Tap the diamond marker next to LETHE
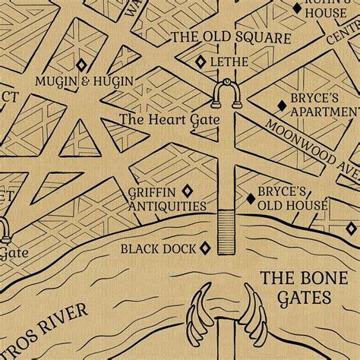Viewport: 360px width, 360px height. [201, 62]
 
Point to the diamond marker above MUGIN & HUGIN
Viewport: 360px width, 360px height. [82, 65]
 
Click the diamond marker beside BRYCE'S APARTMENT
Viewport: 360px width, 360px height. [282, 105]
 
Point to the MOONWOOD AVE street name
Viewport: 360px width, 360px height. [311, 143]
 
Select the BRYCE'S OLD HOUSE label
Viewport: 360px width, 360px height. [292, 198]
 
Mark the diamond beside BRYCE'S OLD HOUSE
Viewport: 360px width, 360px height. [250, 199]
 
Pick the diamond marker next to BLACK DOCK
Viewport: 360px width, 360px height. [204, 248]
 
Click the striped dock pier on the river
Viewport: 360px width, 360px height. [226, 232]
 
